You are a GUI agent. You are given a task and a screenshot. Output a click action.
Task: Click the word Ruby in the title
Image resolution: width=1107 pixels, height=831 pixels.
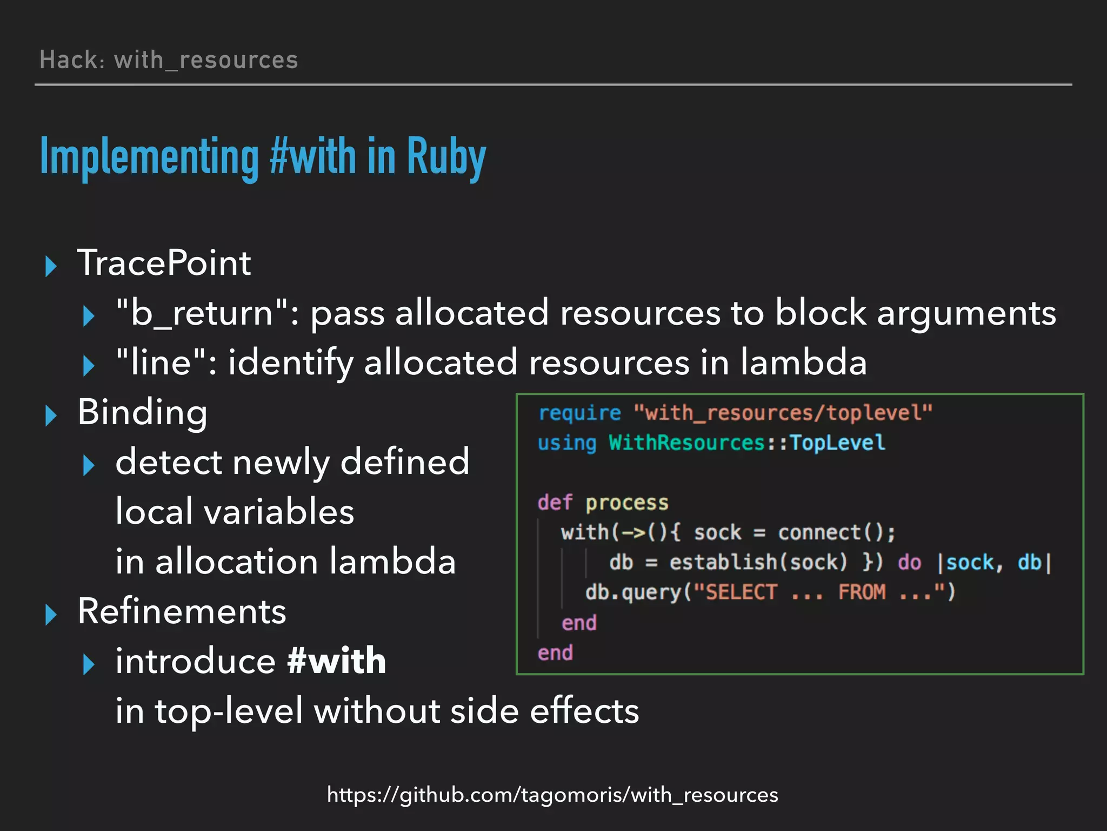[446, 157]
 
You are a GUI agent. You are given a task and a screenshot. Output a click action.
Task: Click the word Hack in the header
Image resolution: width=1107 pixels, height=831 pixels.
[69, 60]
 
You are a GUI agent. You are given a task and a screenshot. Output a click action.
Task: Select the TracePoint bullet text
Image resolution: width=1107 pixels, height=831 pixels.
[164, 263]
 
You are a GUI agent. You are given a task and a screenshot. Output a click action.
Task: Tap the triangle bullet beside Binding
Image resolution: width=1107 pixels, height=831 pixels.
[51, 415]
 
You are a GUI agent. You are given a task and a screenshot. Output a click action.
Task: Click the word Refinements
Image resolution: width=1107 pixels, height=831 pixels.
[182, 611]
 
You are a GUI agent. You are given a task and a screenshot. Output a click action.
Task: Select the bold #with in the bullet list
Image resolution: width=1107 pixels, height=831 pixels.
[337, 661]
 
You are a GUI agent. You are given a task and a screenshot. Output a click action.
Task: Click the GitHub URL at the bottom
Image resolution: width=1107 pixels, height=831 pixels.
[552, 795]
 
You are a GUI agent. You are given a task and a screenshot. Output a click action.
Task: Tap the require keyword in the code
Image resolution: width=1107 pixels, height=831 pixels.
[579, 413]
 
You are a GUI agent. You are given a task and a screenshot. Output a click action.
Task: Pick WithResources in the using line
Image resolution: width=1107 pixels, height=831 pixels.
[686, 443]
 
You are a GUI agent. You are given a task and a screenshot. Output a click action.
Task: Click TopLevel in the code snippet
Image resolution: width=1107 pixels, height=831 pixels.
[837, 443]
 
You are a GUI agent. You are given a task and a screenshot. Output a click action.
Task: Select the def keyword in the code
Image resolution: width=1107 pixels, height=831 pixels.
[555, 503]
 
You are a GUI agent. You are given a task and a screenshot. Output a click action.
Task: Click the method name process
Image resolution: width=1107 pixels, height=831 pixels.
[627, 503]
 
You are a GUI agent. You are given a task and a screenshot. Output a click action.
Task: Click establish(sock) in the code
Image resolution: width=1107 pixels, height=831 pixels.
[758, 563]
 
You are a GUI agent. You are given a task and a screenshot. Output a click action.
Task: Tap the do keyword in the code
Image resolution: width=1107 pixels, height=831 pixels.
[909, 563]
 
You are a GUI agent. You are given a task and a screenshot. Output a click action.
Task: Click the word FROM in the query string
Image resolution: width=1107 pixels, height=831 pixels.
[862, 592]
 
